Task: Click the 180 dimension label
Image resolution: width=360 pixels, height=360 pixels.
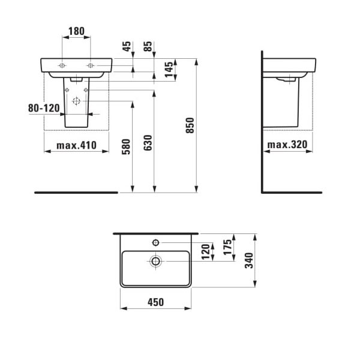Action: [x=76, y=31]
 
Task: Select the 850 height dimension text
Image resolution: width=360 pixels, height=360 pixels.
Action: [x=190, y=125]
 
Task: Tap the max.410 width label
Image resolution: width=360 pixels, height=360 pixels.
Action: [x=76, y=145]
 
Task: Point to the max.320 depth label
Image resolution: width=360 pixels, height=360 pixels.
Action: [x=287, y=145]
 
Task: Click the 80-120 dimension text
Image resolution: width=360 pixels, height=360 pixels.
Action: [x=44, y=108]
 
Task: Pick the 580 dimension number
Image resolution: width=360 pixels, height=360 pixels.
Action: [x=126, y=147]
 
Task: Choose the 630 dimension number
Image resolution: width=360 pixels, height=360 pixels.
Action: [x=148, y=143]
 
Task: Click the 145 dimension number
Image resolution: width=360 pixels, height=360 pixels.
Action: [x=169, y=70]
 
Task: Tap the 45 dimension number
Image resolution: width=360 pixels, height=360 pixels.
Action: [x=127, y=46]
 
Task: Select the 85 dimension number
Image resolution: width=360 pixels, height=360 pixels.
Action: [x=148, y=46]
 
